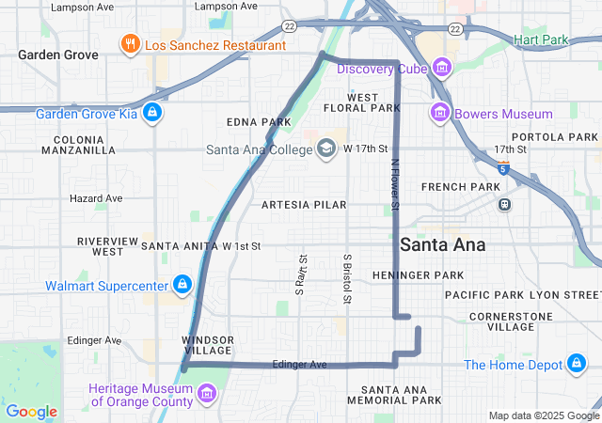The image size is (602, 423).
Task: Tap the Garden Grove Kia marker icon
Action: [x=152, y=115]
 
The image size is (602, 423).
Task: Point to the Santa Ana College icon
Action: [x=326, y=149]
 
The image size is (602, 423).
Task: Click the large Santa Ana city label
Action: [x=442, y=244]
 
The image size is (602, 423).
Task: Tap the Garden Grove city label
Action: [x=57, y=55]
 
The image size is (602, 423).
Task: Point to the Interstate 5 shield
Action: [x=503, y=169]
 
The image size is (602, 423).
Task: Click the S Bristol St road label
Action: [x=347, y=278]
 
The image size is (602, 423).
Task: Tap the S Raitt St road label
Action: [x=301, y=274]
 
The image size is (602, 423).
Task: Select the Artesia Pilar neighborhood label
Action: [x=304, y=204]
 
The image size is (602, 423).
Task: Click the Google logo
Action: [x=31, y=411]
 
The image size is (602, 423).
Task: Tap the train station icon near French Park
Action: [x=504, y=203]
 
